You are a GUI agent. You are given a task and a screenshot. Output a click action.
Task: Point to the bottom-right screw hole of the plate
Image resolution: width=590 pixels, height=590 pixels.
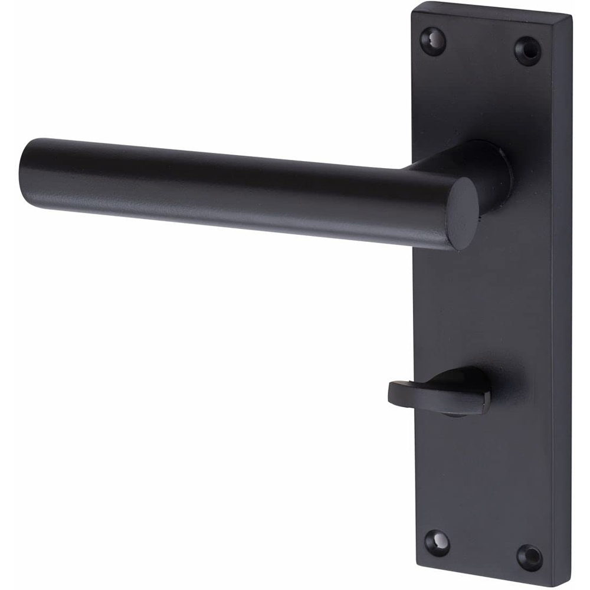point(529,557)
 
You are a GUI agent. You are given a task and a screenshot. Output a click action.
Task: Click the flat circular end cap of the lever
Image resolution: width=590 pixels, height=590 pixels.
point(463,212)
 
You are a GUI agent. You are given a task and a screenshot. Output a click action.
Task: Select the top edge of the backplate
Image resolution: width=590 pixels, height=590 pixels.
point(493,11)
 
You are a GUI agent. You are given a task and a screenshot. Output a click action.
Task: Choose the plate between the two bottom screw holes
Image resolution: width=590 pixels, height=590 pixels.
point(484,549)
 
